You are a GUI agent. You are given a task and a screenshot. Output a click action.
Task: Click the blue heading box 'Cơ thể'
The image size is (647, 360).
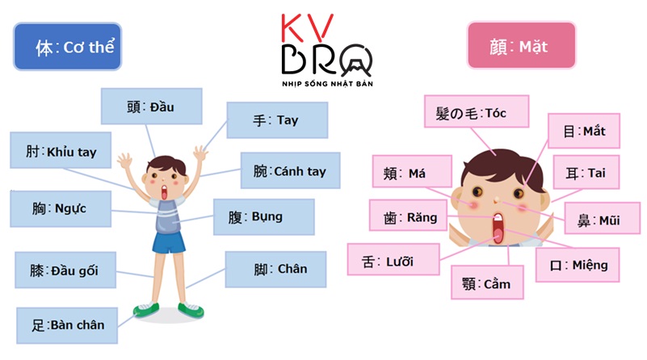(x=67, y=48)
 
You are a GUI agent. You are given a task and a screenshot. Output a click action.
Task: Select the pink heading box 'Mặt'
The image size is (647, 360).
(x=521, y=46)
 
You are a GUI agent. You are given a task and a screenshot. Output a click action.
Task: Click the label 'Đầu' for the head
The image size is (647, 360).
(x=151, y=107)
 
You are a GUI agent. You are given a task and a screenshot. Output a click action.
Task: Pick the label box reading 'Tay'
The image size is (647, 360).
(x=276, y=120)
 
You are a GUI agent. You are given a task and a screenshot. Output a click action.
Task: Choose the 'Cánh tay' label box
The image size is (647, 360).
(x=289, y=171)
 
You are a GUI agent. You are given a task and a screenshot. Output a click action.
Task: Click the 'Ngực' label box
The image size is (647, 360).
(x=60, y=209)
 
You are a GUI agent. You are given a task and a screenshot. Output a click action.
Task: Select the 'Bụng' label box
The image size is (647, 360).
(x=263, y=217)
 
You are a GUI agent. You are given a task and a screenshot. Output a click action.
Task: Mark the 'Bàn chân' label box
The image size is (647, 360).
(x=65, y=324)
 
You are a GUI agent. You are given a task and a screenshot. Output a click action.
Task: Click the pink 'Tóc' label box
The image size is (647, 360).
(x=475, y=113)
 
